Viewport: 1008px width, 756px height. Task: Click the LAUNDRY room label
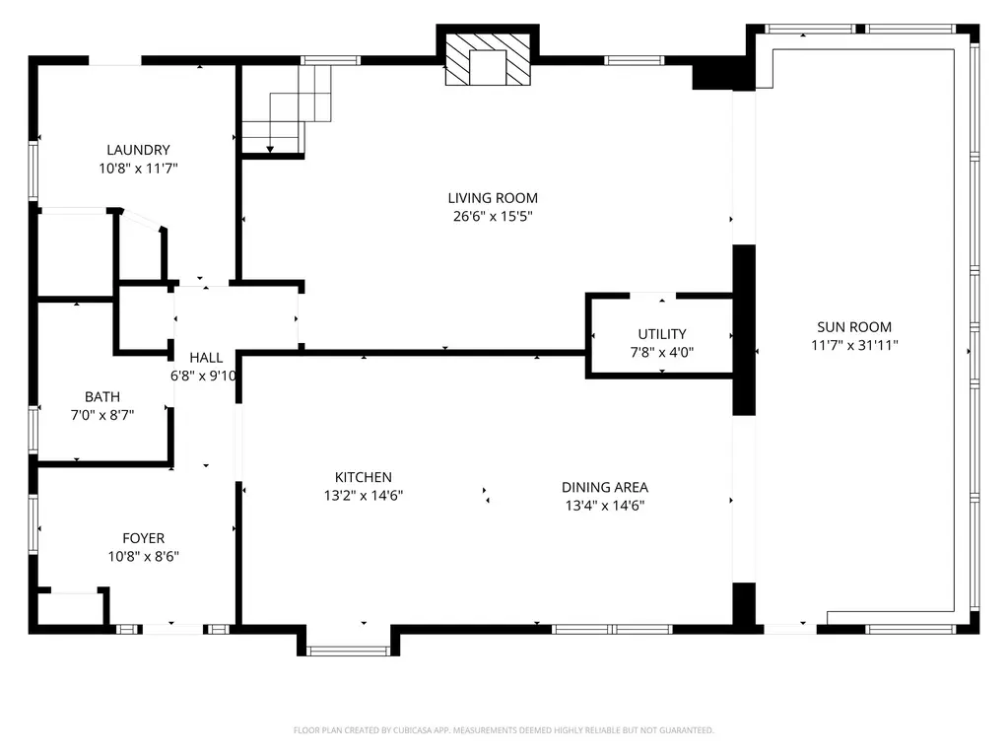tap(138, 150)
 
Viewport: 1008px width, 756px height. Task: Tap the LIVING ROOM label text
tap(493, 198)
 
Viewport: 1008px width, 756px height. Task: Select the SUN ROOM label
tap(854, 327)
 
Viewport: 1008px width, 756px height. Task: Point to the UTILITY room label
tap(662, 334)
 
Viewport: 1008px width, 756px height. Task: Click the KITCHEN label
tap(364, 478)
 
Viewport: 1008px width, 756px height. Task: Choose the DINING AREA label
tap(605, 487)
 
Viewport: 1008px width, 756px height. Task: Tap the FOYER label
tap(143, 539)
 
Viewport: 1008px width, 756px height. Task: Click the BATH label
tap(102, 397)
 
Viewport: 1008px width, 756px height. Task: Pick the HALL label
tap(206, 358)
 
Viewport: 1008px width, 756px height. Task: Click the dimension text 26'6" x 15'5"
tap(493, 217)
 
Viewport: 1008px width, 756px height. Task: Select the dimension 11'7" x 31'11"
tap(854, 346)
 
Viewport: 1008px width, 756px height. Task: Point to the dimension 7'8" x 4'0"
tap(662, 353)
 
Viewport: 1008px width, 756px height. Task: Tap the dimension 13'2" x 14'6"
tap(364, 496)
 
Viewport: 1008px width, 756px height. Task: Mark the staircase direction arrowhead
tap(271, 149)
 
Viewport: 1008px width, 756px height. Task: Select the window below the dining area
tap(612, 630)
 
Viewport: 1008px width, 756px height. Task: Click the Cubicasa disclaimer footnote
tap(504, 730)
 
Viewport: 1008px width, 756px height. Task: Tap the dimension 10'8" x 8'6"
tap(143, 557)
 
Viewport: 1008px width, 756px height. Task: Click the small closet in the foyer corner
tap(72, 607)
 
